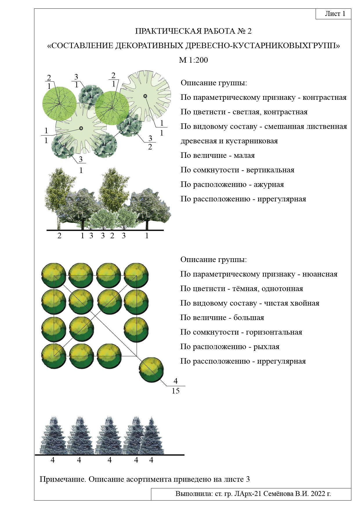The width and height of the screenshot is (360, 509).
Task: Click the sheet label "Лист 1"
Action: tap(335, 14)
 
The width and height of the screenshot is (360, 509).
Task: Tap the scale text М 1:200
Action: tap(193, 60)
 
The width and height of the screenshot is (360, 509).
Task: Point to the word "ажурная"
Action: tap(269, 185)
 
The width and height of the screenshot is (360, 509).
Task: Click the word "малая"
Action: tap(244, 156)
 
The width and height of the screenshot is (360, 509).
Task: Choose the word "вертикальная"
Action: tap(270, 170)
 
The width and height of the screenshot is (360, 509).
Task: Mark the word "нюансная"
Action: tap(320, 274)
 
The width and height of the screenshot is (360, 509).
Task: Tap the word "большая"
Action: tap(249, 317)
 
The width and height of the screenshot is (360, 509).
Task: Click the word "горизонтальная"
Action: tap(274, 332)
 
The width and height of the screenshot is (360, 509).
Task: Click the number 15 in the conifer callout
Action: tap(176, 391)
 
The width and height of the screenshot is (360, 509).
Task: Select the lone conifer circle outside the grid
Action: tap(151, 370)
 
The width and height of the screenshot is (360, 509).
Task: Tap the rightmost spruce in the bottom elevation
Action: tap(151, 436)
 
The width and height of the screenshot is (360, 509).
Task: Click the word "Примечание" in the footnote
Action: tap(63, 479)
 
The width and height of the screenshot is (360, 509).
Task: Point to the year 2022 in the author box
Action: tap(318, 494)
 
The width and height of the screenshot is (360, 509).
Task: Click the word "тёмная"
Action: tap(244, 289)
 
